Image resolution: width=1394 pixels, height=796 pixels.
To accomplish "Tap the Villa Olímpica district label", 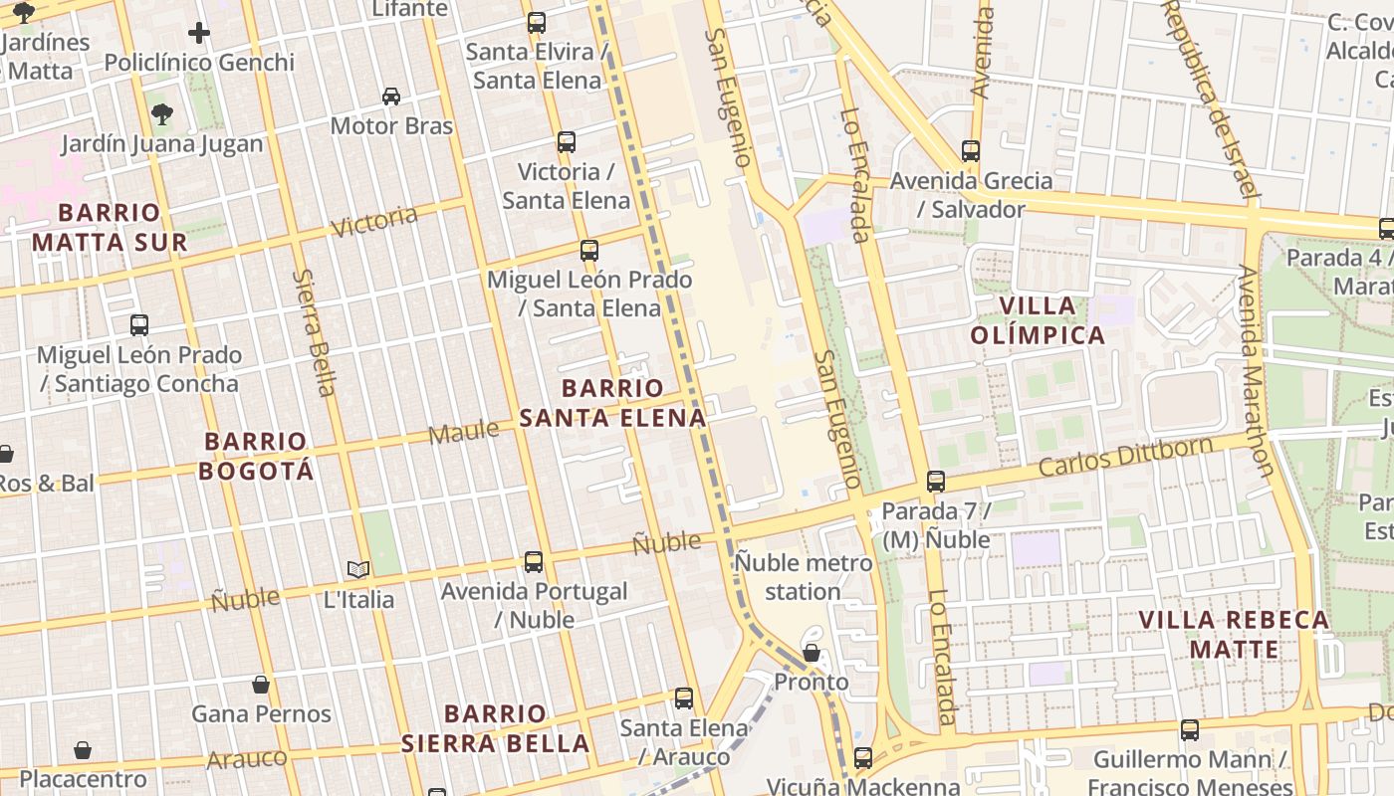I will point(1038,320).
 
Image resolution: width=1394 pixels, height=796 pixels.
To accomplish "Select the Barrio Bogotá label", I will point(256,456).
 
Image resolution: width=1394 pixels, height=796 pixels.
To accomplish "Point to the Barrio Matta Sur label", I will point(110,227).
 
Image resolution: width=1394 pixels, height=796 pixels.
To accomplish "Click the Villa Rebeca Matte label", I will point(1234,635).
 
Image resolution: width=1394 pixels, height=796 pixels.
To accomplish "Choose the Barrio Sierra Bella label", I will point(495,728).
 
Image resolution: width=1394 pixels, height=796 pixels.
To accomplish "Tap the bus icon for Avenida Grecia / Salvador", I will point(971,151).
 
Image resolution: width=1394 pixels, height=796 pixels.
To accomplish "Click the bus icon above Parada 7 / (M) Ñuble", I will point(936,482).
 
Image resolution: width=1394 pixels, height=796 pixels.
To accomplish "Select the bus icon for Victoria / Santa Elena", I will point(567,142).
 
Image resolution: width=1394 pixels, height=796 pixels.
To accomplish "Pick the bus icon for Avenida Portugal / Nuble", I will point(534,562).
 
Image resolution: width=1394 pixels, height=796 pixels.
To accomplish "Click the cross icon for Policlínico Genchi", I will point(199,33).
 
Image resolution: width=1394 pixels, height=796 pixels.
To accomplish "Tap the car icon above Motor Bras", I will point(391,97).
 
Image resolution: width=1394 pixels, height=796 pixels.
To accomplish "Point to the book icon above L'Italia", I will point(358,570).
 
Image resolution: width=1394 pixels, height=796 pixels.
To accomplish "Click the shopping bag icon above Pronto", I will point(812,653).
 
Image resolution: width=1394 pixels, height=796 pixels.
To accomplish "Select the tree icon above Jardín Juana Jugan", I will point(162,114).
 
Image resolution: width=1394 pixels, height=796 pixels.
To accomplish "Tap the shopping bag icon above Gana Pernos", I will point(261,685).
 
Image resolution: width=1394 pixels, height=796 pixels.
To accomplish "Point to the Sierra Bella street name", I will point(316,332).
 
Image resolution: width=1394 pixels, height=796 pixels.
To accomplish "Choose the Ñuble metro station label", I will point(804,577).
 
